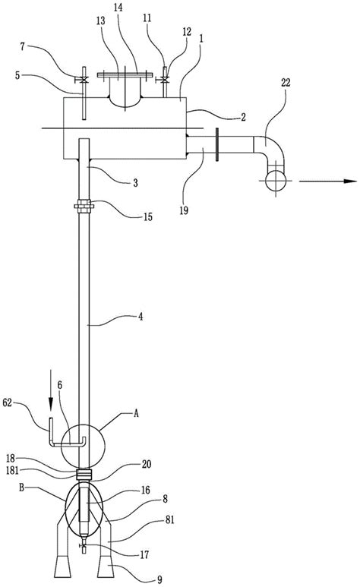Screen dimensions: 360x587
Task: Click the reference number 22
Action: [286, 82]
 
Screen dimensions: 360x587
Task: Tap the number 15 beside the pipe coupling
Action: [148, 217]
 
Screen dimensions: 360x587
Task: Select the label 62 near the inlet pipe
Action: [8, 402]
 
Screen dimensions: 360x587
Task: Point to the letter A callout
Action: [137, 413]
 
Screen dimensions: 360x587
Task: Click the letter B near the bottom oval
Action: [21, 488]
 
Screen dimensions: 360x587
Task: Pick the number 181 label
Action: [12, 470]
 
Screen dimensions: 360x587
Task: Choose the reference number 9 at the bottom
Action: [159, 580]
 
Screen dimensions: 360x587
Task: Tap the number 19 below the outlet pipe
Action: [184, 210]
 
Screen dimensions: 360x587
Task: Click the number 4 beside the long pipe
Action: [141, 317]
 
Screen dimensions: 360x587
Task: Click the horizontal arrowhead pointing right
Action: [350, 181]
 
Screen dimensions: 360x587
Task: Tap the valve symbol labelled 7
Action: [83, 80]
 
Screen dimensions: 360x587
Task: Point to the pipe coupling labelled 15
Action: [84, 207]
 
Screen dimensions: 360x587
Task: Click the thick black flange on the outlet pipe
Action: [217, 144]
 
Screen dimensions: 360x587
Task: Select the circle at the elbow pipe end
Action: [276, 181]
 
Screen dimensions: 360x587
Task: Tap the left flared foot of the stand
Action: [62, 566]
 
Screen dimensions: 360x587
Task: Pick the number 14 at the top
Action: [118, 8]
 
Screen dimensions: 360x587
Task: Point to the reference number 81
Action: [170, 519]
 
